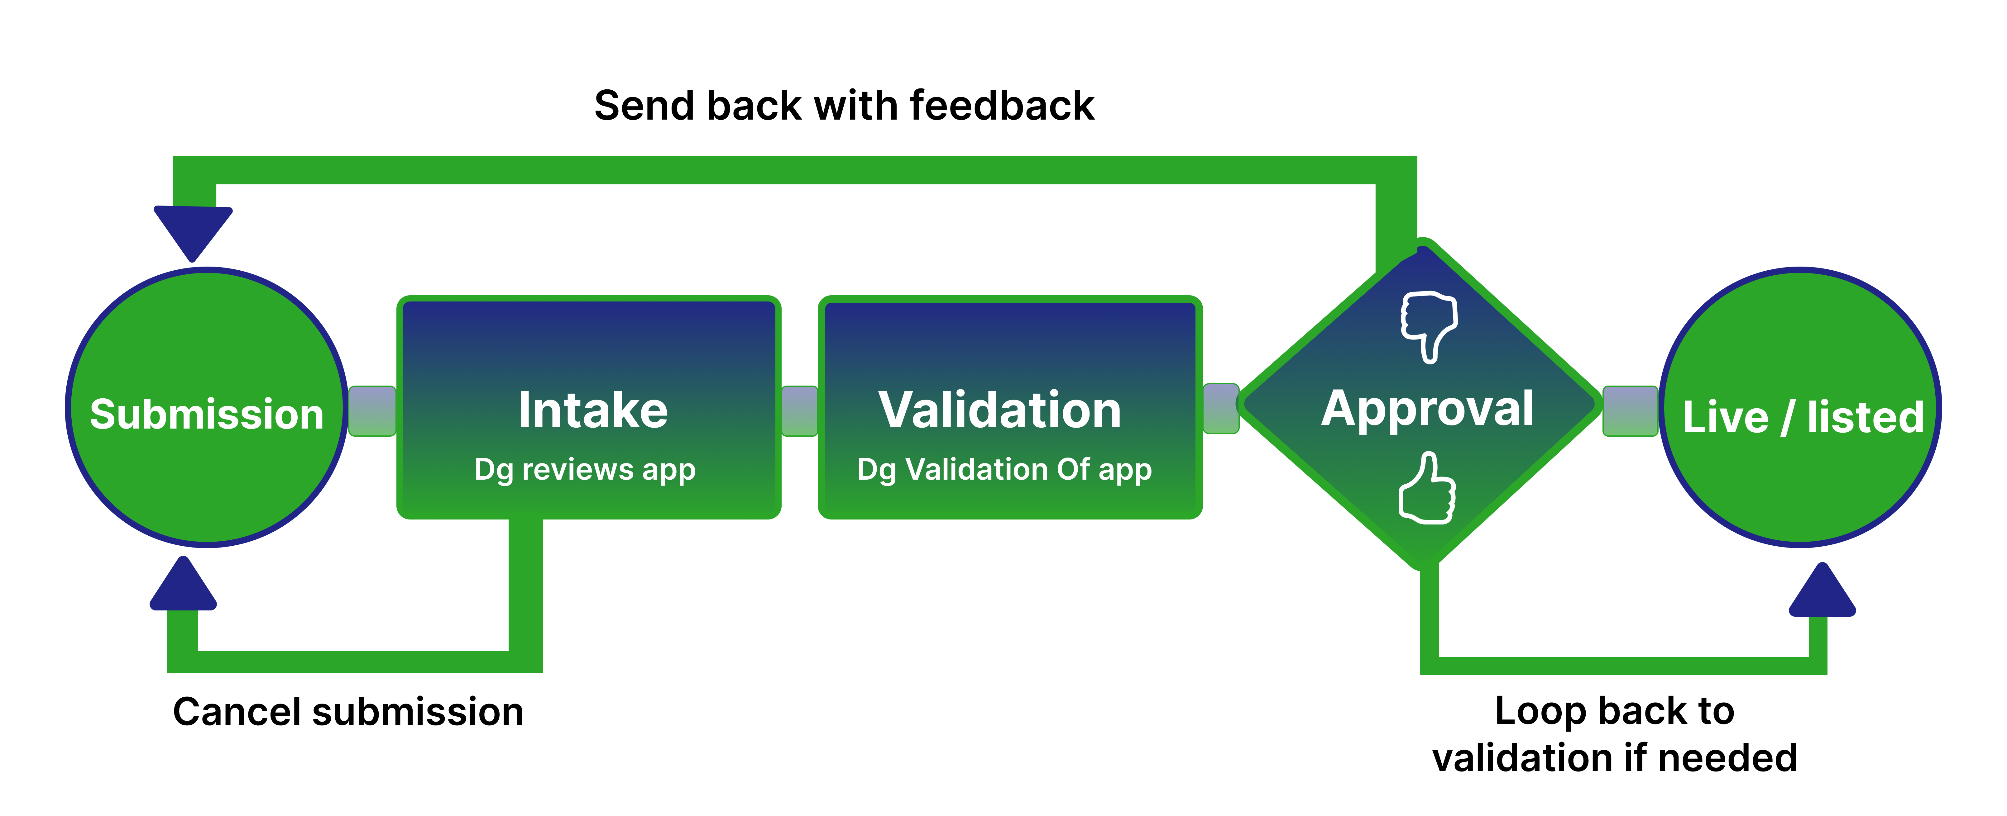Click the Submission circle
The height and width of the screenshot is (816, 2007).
point(206,407)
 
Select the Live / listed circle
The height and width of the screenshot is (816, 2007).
point(1801,407)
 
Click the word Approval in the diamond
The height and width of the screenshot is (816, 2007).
point(1427,410)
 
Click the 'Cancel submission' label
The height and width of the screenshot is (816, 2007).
point(348,712)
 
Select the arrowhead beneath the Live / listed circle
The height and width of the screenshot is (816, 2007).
point(1823,589)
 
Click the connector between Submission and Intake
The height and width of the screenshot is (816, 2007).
point(372,411)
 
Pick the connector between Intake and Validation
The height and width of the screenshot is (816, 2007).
point(799,411)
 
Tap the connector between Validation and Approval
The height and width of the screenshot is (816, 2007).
point(1221,408)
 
